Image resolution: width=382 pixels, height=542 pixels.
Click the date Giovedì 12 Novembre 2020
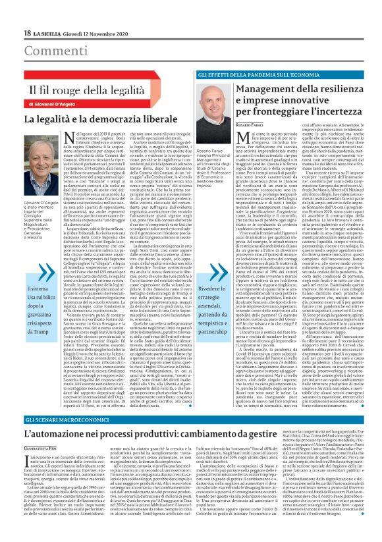[91, 33]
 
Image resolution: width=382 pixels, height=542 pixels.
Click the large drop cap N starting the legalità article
[68, 137]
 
